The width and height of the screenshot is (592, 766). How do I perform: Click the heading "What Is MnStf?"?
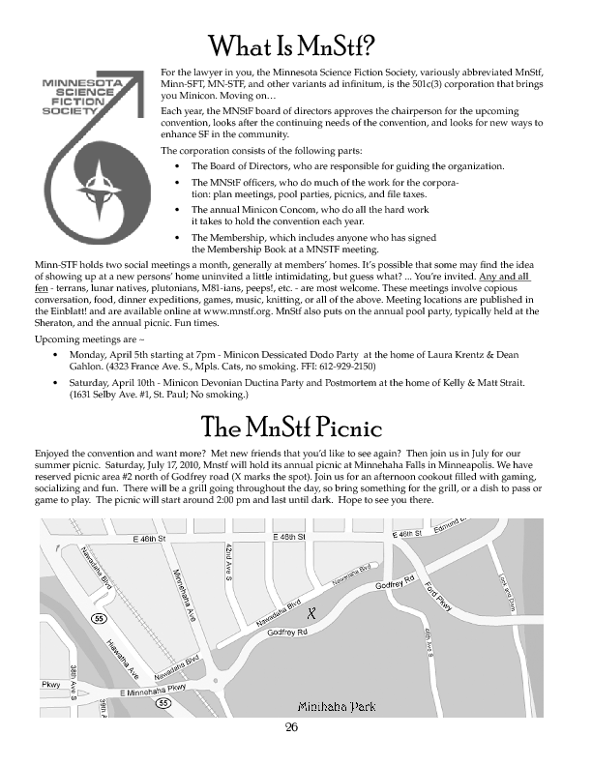point(295,45)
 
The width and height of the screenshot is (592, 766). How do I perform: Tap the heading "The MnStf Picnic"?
point(292,427)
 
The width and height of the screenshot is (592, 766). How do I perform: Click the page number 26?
point(291,727)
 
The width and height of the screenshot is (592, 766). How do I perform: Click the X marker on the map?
point(311,613)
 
